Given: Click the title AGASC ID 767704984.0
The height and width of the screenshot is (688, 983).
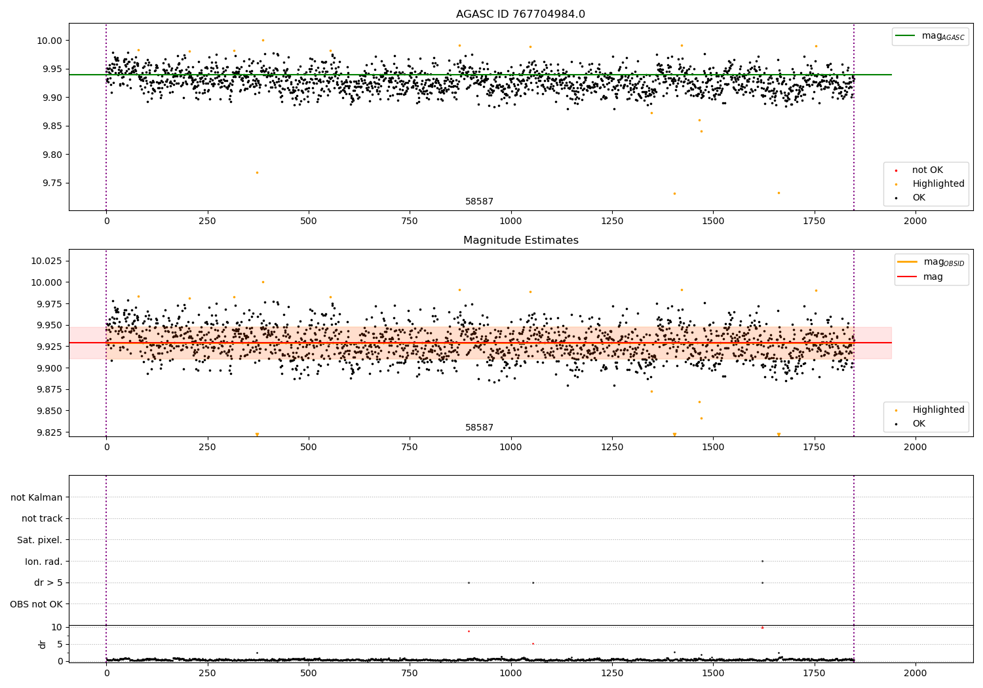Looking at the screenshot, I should (520, 14).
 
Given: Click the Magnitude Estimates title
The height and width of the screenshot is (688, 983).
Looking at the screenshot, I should (520, 240).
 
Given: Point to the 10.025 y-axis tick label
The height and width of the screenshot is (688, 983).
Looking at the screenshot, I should (47, 261).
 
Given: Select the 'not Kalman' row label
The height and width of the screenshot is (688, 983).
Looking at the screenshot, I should (37, 497).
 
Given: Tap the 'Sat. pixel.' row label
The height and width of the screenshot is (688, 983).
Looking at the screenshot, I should (39, 540).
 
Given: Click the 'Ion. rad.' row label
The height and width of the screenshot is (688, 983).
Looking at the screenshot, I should (43, 562).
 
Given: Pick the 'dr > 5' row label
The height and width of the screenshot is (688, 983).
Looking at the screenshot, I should (48, 583).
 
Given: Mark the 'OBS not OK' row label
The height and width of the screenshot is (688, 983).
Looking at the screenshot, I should (36, 604).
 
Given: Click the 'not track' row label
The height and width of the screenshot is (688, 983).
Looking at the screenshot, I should (42, 518).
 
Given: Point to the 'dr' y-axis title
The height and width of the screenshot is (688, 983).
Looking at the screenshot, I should (43, 644).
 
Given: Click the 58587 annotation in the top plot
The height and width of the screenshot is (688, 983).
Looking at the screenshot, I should (479, 202).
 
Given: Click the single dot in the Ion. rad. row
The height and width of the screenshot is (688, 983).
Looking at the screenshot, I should (762, 561).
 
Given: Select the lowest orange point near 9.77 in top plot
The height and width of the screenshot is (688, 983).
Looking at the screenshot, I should (257, 172).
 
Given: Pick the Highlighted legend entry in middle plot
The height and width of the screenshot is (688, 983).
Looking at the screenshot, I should (938, 410).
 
